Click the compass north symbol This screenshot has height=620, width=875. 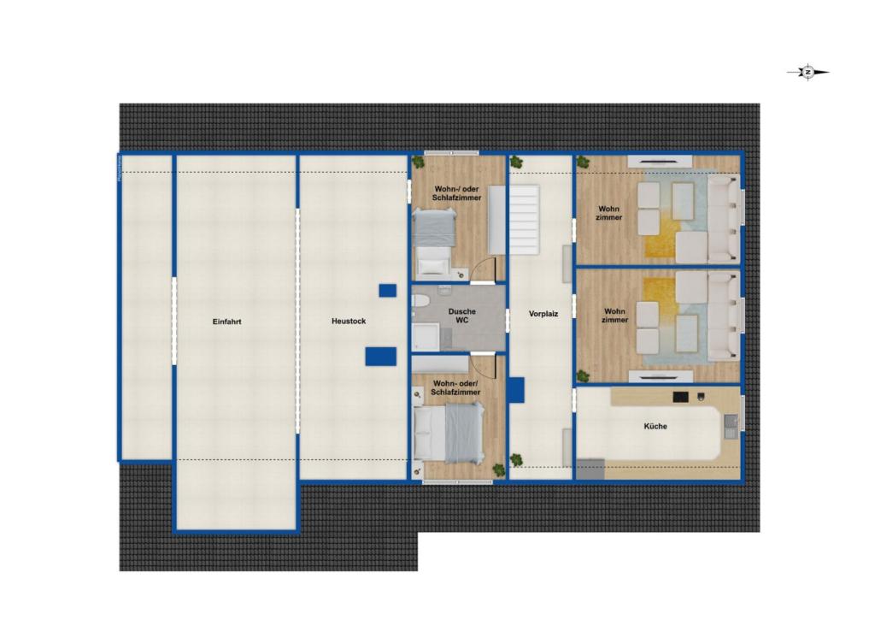point(807,73)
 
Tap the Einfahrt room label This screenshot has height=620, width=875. point(227,322)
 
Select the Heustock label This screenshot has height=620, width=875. point(349,322)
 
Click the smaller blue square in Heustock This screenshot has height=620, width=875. point(387,291)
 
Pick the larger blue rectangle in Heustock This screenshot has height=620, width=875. point(381,356)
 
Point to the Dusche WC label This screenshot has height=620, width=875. point(461,316)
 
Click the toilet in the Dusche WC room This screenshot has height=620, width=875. point(420,301)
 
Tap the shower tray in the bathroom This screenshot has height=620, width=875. point(425,337)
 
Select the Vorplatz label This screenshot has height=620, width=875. point(543,314)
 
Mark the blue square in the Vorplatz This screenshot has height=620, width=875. point(515,390)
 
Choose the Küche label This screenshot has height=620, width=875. point(656,426)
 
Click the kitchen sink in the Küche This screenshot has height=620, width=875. point(730,422)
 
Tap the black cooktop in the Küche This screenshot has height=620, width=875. point(680,397)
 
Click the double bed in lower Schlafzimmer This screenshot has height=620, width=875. point(449,433)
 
